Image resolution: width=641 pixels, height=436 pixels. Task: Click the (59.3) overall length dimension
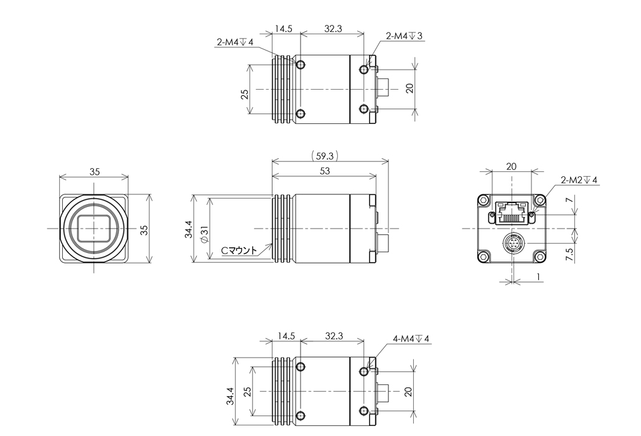click(324, 154)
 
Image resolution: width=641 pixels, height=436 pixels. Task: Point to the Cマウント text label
click(240, 251)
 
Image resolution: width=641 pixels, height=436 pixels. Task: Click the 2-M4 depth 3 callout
click(405, 36)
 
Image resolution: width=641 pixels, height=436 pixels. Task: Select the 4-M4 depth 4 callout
click(411, 339)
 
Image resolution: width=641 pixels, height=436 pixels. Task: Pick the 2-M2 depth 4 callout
click(579, 180)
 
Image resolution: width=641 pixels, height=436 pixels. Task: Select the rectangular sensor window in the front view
click(93, 229)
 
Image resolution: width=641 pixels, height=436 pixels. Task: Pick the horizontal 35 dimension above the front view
click(93, 172)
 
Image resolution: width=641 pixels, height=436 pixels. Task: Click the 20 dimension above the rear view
click(511, 167)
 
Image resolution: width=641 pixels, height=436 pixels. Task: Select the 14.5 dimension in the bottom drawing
click(286, 336)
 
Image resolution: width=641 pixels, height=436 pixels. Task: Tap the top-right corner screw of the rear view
click(540, 200)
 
